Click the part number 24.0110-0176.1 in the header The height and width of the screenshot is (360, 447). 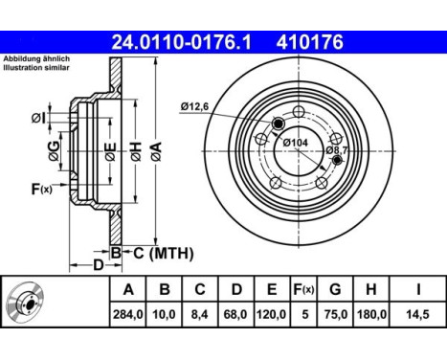coord(181,42)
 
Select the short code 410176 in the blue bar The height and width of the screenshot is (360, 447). coord(310,42)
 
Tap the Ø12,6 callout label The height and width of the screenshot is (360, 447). coord(194,106)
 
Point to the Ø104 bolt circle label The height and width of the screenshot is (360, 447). coord(296,142)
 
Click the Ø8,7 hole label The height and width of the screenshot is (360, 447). coord(336,149)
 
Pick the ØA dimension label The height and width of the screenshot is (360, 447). coord(156,151)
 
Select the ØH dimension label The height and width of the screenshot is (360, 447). coord(136,151)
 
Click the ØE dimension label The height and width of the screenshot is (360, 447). coord(110,151)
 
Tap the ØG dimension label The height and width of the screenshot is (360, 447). coord(54,150)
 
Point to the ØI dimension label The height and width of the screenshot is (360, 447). coord(38,119)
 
